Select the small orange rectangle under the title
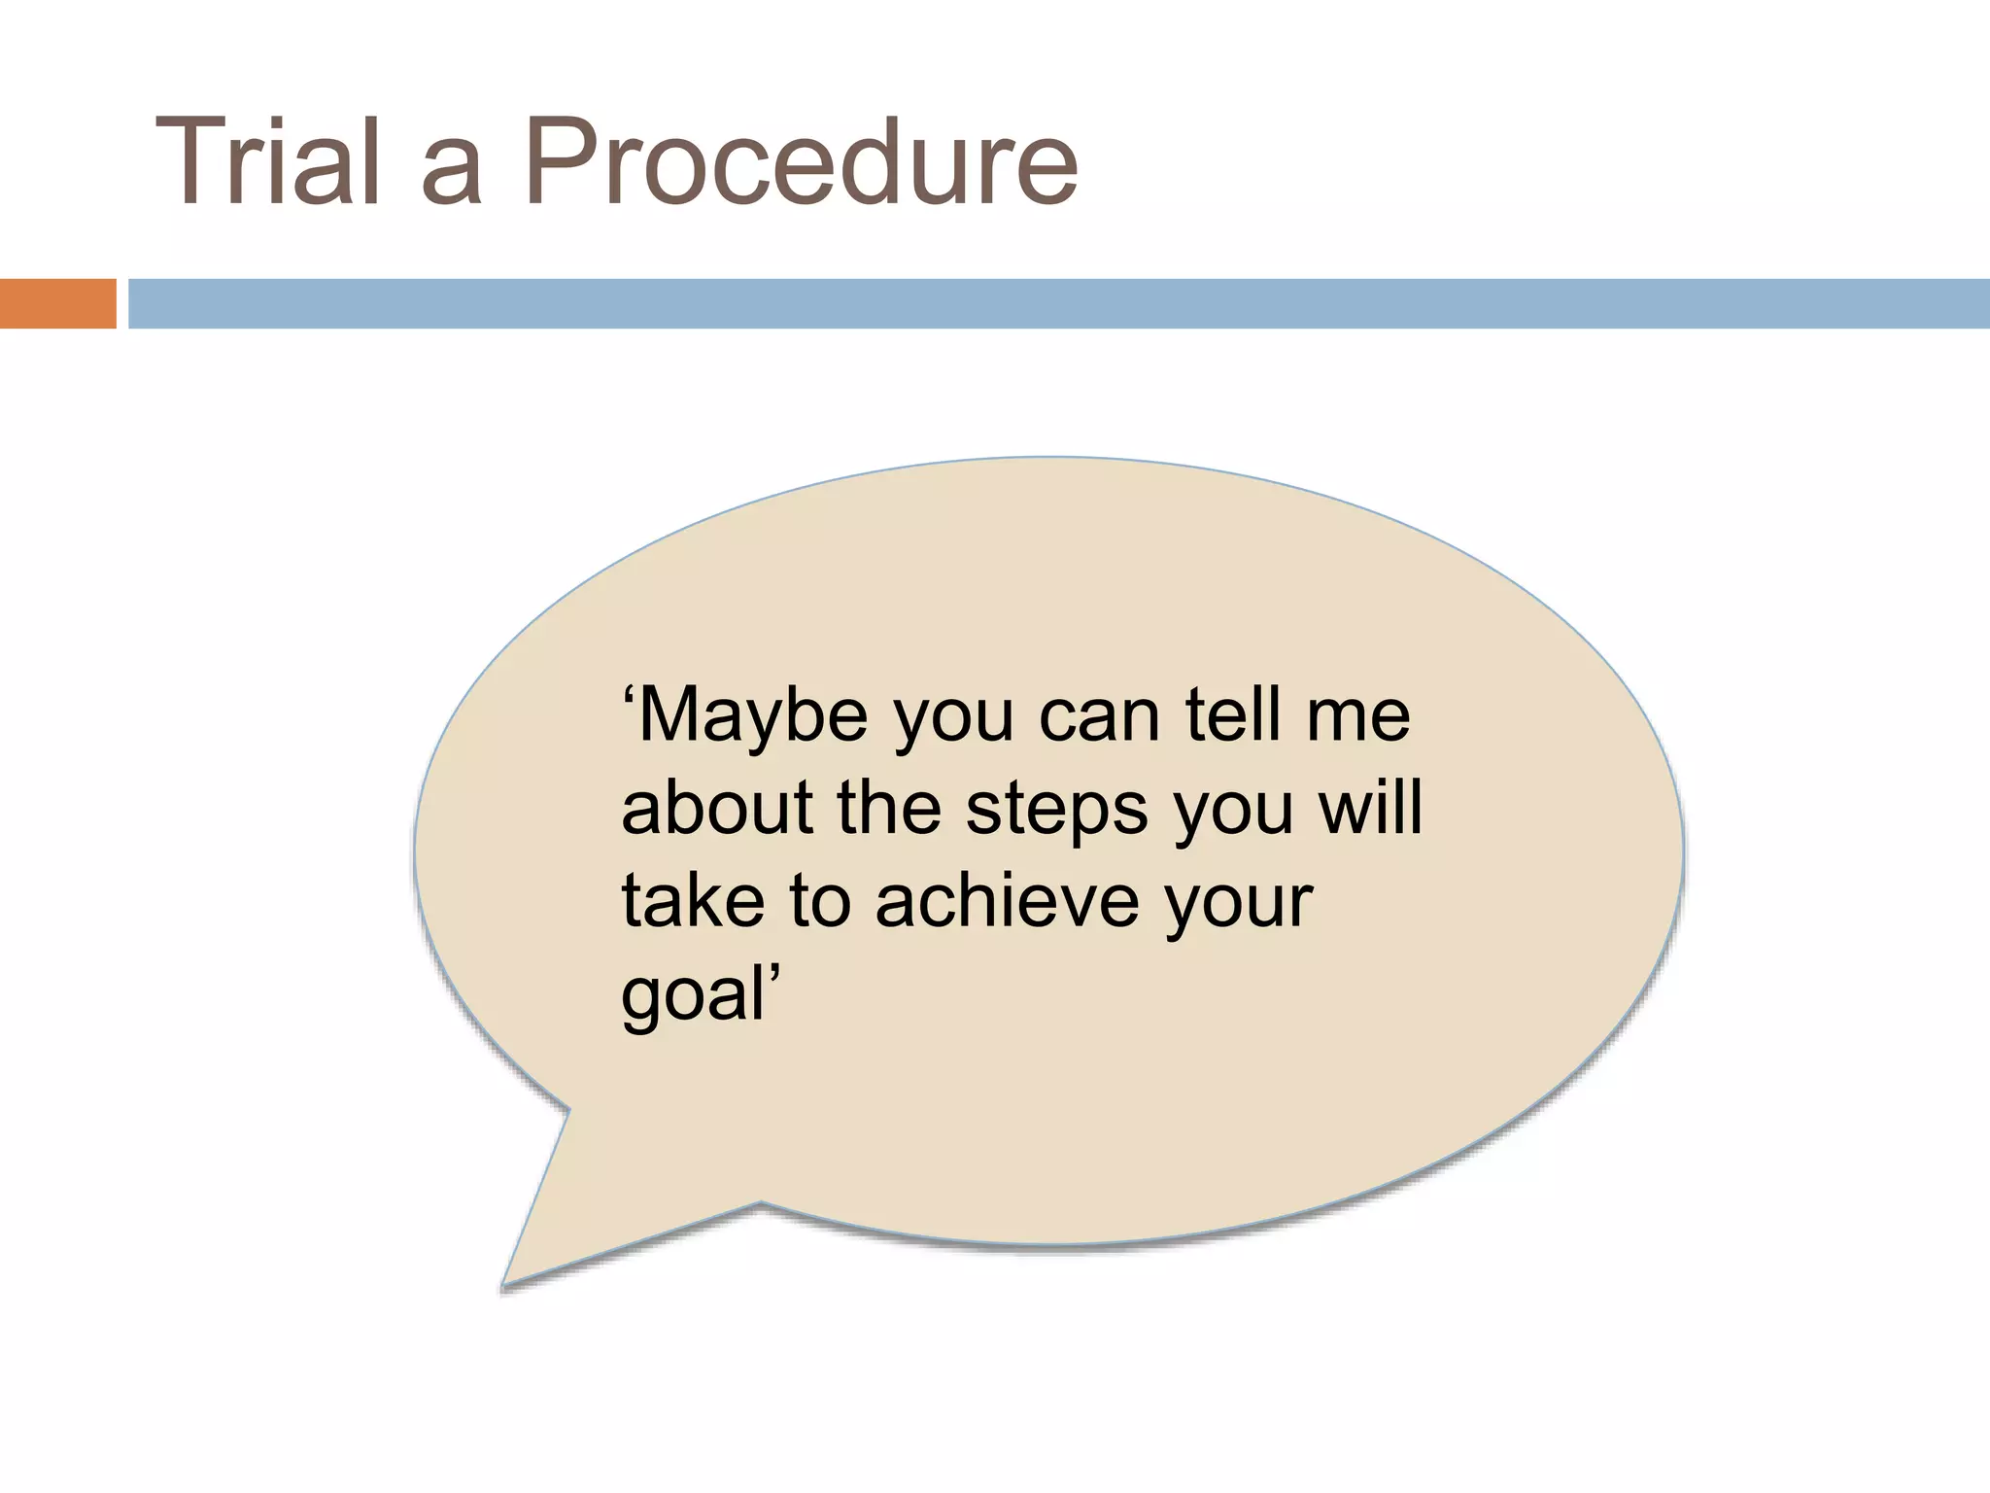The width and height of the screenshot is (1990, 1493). coord(57,303)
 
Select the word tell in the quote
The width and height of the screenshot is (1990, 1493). coord(1232,715)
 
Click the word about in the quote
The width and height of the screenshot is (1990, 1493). coord(718,809)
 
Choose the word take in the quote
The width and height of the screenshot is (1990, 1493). coord(693,901)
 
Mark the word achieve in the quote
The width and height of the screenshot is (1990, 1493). coord(1006,901)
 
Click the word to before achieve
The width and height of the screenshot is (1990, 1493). coord(820,903)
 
